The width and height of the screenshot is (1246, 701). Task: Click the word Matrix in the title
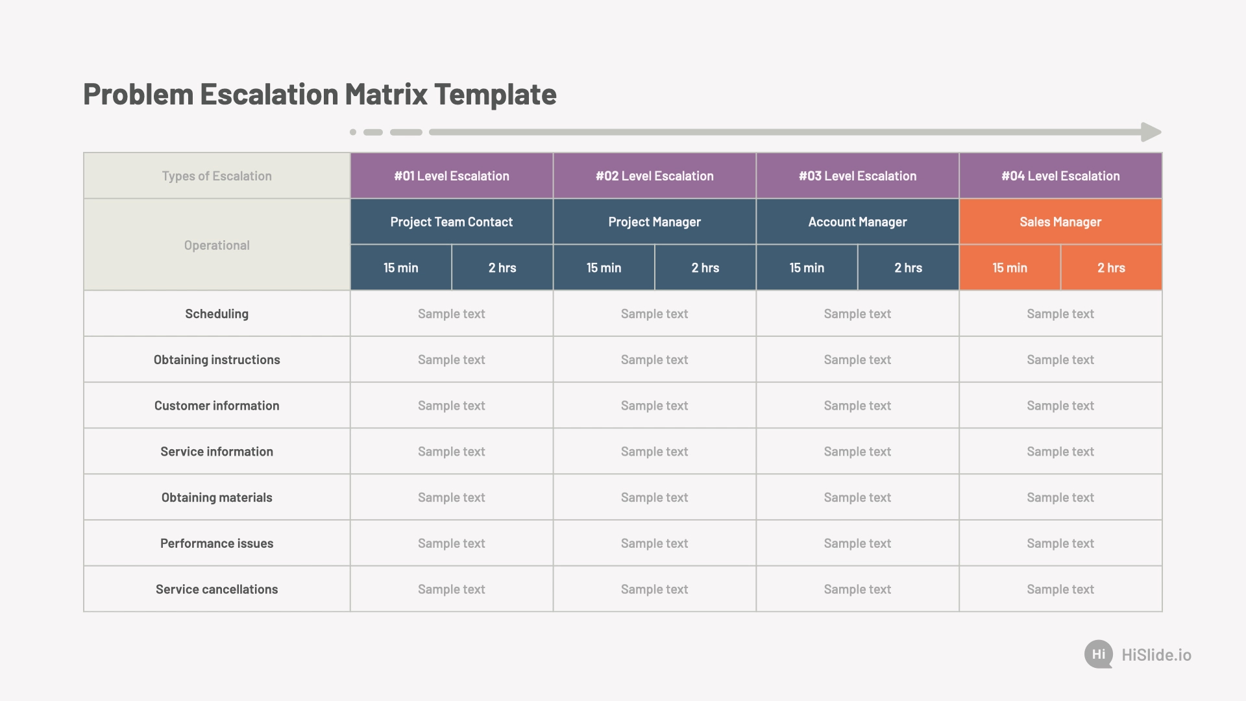click(x=386, y=94)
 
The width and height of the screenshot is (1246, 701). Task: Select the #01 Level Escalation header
click(x=452, y=176)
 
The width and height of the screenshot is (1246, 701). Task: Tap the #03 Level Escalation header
click(x=857, y=176)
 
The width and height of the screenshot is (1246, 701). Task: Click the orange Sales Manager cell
click(x=1060, y=222)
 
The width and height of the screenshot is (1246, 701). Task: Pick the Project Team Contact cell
click(x=452, y=222)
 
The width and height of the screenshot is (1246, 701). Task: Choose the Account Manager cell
click(x=857, y=222)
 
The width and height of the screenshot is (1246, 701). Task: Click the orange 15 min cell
click(x=1010, y=267)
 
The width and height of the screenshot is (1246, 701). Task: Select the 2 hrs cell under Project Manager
click(x=705, y=267)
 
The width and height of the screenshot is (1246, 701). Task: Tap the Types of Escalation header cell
click(x=217, y=176)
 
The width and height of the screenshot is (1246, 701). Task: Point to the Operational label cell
click(x=217, y=245)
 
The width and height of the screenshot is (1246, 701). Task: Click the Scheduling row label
click(x=217, y=314)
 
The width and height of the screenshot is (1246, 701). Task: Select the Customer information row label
click(x=217, y=406)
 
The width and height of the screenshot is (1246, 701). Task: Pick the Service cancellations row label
click(x=217, y=589)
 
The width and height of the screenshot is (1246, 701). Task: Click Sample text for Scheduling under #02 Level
click(x=654, y=314)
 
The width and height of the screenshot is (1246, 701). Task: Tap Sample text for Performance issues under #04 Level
click(x=1060, y=543)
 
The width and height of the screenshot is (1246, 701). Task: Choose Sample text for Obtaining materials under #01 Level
click(x=452, y=498)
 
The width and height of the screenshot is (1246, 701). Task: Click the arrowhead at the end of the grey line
click(x=1151, y=132)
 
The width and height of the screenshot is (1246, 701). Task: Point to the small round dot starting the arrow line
click(x=353, y=132)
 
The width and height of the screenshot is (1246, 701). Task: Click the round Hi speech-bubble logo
click(x=1099, y=654)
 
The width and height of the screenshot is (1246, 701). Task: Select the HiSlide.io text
click(x=1156, y=655)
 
